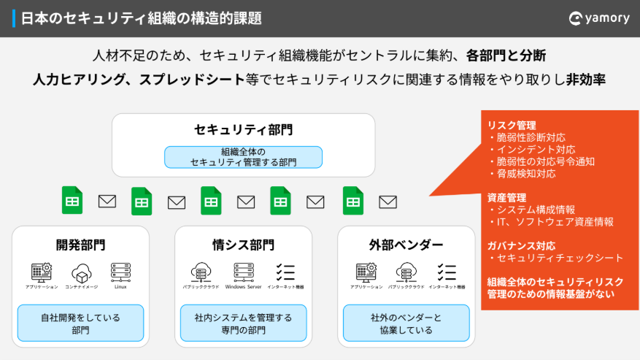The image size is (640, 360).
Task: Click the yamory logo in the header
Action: pyautogui.click(x=598, y=18)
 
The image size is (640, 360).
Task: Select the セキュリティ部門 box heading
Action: pyautogui.click(x=243, y=130)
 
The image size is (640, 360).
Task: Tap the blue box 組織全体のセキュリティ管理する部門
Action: pyautogui.click(x=243, y=157)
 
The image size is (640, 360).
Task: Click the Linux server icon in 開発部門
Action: pyautogui.click(x=121, y=272)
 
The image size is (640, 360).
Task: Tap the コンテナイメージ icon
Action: pyautogui.click(x=81, y=273)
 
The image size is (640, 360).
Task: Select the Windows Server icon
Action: pyautogui.click(x=244, y=272)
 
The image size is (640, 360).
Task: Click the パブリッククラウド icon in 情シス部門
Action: pyautogui.click(x=200, y=272)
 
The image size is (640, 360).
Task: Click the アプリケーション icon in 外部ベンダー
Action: pyautogui.click(x=366, y=272)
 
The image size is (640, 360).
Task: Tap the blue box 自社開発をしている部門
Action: pyautogui.click(x=80, y=323)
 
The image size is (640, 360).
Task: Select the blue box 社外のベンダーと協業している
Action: pyautogui.click(x=406, y=323)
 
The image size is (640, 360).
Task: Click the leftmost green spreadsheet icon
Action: pyautogui.click(x=72, y=201)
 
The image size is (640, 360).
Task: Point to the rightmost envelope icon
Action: pyautogui.click(x=388, y=202)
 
